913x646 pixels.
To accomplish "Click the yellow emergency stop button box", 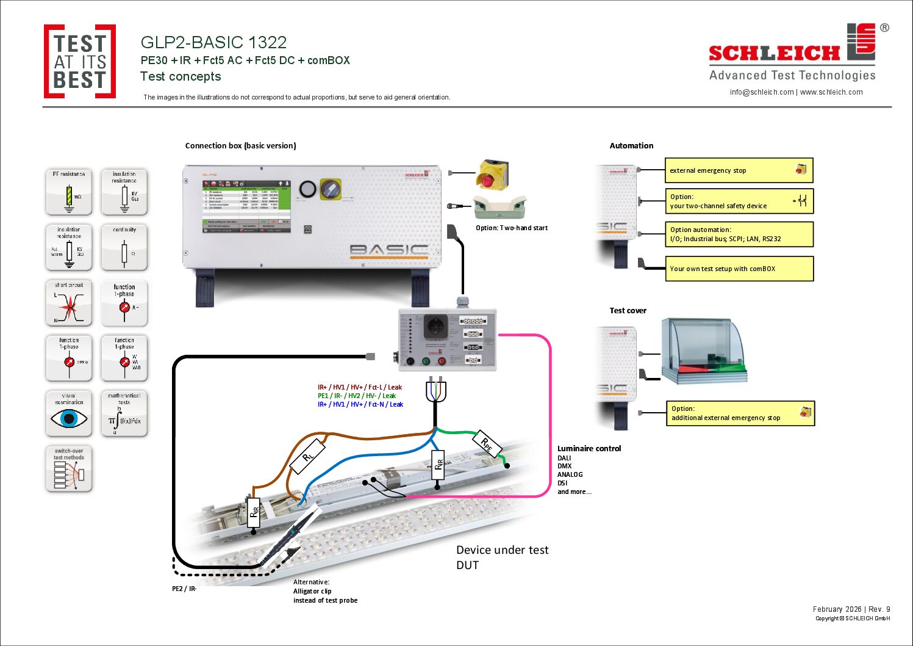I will point(492,175).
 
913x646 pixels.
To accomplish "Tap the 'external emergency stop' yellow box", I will point(739,170).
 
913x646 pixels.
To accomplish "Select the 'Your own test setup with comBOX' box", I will point(739,269).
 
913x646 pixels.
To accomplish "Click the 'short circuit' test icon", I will point(69,303).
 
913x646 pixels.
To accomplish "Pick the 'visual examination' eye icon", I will point(69,414).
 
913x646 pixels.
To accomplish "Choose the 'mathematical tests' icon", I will point(124,414).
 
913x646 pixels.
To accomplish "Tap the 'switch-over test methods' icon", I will point(69,469).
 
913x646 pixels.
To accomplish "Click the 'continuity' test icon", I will point(124,248).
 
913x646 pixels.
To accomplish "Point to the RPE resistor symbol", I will point(487,445).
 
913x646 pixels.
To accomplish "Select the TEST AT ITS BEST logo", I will point(80,62).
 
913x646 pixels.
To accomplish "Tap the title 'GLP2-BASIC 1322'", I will point(213,42).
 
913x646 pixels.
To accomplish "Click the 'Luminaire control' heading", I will point(589,448).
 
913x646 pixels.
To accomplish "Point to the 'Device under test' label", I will point(502,550).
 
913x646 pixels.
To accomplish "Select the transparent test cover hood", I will point(704,351).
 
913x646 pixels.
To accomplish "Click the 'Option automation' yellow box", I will point(739,234).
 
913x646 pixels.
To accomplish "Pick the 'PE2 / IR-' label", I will point(184,589).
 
